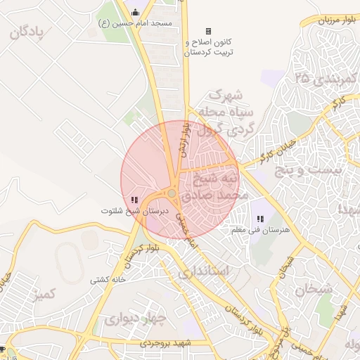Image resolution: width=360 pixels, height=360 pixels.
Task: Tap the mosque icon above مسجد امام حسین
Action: pyautogui.click(x=136, y=12)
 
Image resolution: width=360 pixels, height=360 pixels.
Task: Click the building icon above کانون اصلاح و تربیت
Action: pyautogui.click(x=208, y=31)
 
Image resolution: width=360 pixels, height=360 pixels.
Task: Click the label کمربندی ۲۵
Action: pyautogui.click(x=328, y=77)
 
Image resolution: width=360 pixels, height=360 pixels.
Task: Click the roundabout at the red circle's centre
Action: pyautogui.click(x=172, y=193)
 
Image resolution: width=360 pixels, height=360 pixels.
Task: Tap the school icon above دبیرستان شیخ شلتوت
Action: pyautogui.click(x=134, y=200)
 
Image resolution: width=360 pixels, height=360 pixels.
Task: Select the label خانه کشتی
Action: pyautogui.click(x=108, y=279)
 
